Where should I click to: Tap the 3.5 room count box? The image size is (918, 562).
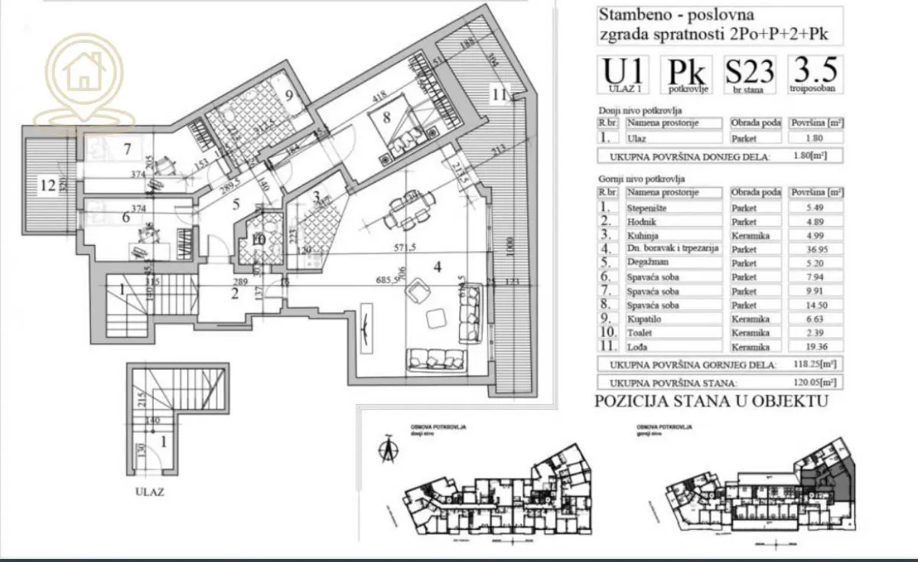point(816,74)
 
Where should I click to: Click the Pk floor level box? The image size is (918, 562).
point(687,75)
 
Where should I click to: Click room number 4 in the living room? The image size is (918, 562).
point(437,267)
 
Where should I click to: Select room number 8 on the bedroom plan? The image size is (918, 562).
point(387,117)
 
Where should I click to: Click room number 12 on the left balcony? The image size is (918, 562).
point(49,184)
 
